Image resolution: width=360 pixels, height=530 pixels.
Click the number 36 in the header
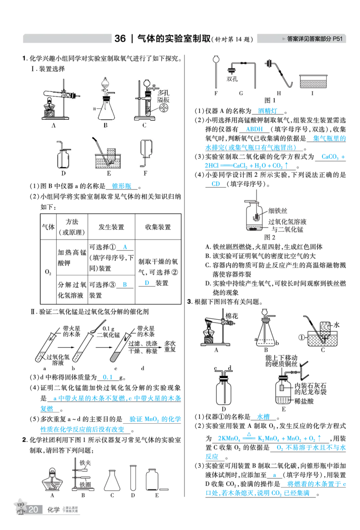pyautogui.click(x=120, y=39)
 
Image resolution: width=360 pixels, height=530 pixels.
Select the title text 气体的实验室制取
pyautogui.click(x=174, y=39)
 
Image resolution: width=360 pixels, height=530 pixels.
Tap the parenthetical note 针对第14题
pyautogui.click(x=232, y=40)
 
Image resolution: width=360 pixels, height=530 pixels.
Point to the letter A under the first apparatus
pyautogui.click(x=54, y=126)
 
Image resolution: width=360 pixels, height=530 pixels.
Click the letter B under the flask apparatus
pyautogui.click(x=105, y=126)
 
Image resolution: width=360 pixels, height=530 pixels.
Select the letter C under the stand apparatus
pyautogui.click(x=144, y=126)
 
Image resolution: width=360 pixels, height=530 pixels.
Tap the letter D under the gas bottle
pyautogui.click(x=63, y=173)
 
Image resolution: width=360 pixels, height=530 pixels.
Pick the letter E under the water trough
pyautogui.click(x=108, y=173)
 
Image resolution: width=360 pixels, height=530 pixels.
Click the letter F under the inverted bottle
pyautogui.click(x=145, y=173)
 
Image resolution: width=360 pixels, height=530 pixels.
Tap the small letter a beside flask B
pyautogui.click(x=94, y=109)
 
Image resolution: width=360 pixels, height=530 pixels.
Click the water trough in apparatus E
pyautogui.click(x=108, y=160)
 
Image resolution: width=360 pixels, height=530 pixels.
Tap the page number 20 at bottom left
pyautogui.click(x=33, y=510)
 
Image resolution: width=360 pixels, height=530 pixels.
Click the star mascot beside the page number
pyautogui.click(x=19, y=507)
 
